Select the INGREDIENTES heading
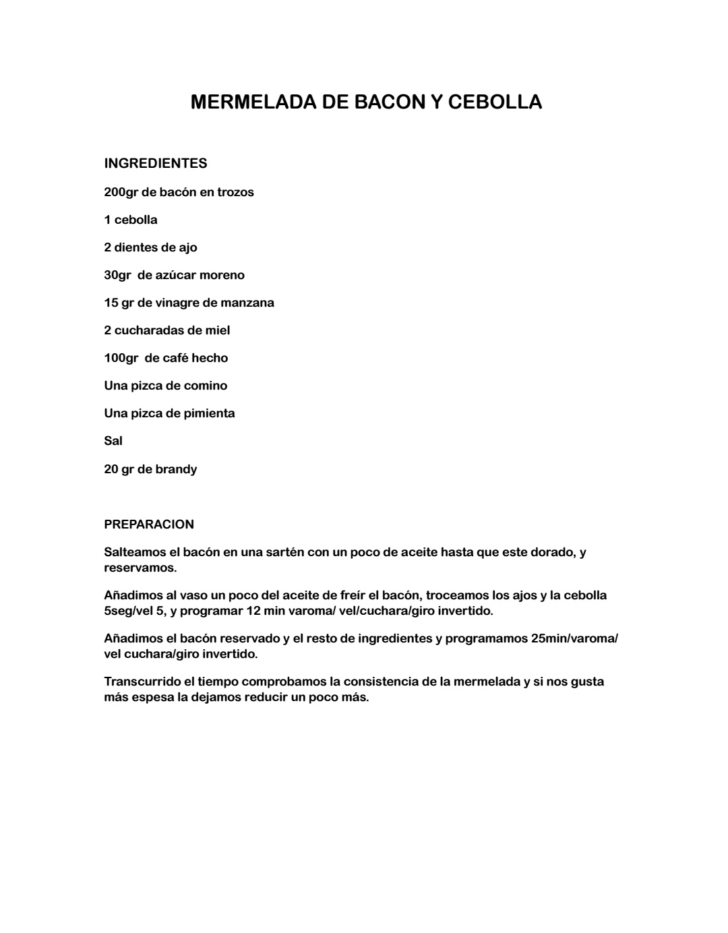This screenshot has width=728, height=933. point(156,164)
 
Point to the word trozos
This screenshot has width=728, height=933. point(235,192)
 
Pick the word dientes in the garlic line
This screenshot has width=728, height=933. point(137,247)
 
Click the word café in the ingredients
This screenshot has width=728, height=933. point(175,358)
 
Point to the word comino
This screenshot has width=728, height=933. point(206,386)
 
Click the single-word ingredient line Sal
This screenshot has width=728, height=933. point(113,441)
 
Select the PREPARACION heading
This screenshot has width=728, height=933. point(149,524)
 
